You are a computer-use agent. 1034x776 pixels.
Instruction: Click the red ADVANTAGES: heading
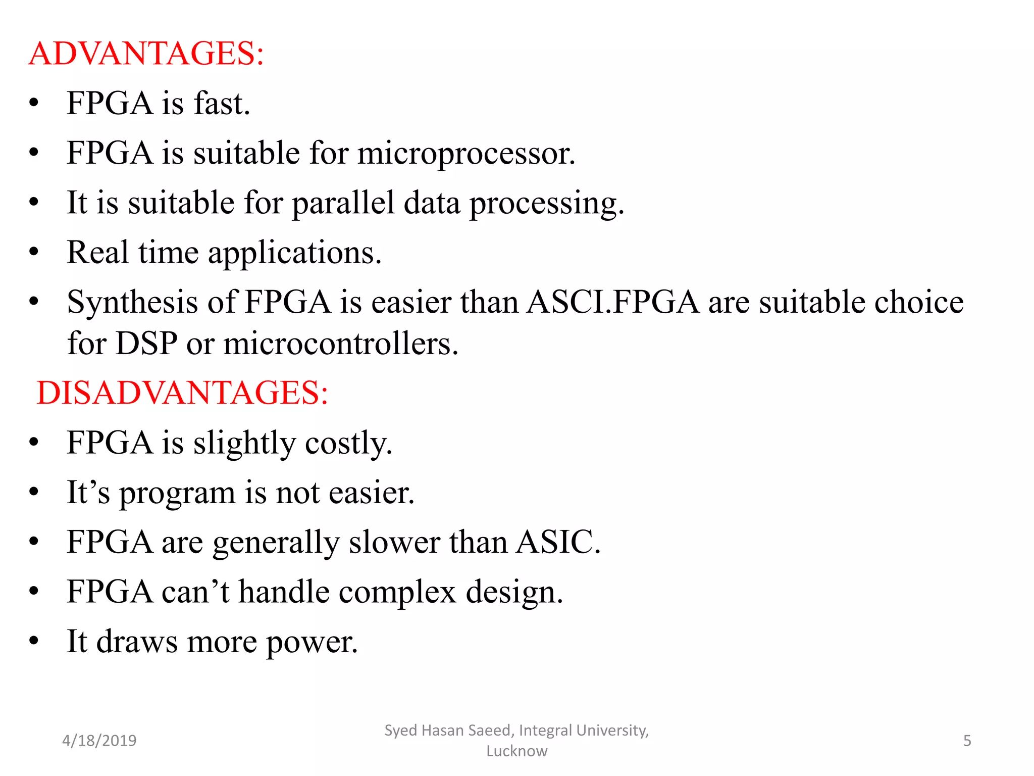tap(146, 54)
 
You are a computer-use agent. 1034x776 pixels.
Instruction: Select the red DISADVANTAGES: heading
tap(182, 393)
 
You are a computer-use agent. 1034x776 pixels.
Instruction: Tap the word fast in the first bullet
tap(222, 104)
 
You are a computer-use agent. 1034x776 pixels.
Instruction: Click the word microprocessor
tap(466, 154)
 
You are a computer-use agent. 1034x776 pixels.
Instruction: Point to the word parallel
tap(343, 203)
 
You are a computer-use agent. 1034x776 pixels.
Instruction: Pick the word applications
tap(294, 253)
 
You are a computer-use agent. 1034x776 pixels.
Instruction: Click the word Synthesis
tap(132, 303)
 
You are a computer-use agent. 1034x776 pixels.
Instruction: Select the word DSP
tap(146, 344)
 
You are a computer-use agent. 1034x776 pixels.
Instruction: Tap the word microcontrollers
tap(340, 344)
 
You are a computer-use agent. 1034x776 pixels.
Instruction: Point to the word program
tap(177, 493)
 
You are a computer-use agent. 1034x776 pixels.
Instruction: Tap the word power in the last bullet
tap(312, 642)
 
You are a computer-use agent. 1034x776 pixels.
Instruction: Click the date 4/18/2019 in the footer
tap(99, 741)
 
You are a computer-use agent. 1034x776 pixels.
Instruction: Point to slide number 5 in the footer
tap(967, 741)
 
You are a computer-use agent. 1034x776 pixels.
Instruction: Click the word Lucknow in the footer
tap(516, 751)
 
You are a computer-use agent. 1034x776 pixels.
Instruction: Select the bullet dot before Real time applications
tap(34, 252)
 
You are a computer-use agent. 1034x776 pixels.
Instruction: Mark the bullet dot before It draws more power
tap(34, 641)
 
